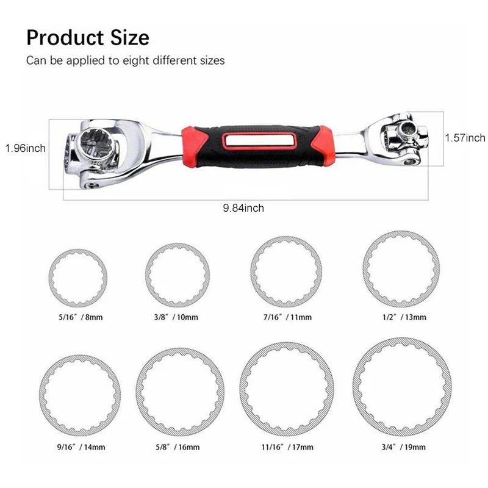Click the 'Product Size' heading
point(87,38)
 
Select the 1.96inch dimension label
point(25,148)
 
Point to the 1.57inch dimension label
point(465,138)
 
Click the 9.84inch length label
point(243,208)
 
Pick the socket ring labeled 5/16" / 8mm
point(79,278)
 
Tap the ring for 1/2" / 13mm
point(401,269)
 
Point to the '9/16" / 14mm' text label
point(80,447)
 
